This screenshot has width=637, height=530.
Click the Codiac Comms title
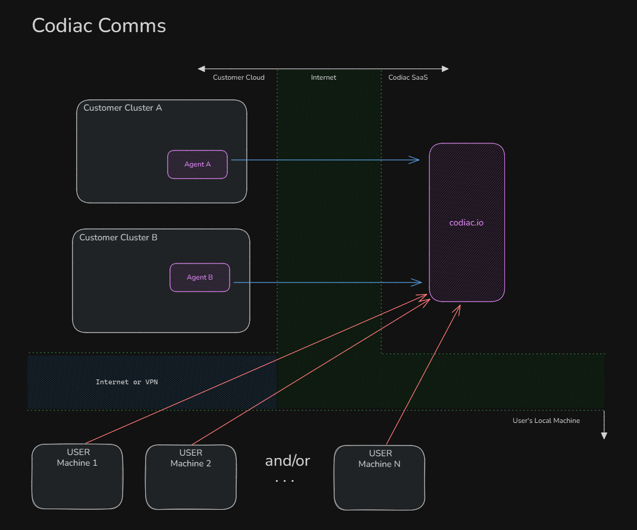pyautogui.click(x=99, y=26)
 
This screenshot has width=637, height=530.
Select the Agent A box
pyautogui.click(x=197, y=164)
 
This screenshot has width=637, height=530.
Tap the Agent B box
pyautogui.click(x=200, y=277)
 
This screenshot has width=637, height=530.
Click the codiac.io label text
pyautogui.click(x=466, y=222)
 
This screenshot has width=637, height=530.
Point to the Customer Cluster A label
pyautogui.click(x=123, y=108)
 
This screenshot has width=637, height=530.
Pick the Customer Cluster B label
pyautogui.click(x=118, y=237)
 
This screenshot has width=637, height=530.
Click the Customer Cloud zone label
pyautogui.click(x=239, y=77)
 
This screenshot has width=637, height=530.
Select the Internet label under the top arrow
pyautogui.click(x=324, y=77)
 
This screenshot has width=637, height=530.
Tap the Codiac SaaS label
pyautogui.click(x=408, y=77)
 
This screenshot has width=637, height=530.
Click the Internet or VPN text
pyautogui.click(x=127, y=382)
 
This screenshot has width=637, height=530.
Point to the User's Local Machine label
pyautogui.click(x=546, y=421)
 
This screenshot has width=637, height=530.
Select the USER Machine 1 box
pyautogui.click(x=77, y=476)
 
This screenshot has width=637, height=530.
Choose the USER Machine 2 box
pyautogui.click(x=191, y=476)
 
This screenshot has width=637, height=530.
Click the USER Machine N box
pyautogui.click(x=379, y=477)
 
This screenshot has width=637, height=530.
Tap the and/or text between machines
pyautogui.click(x=287, y=460)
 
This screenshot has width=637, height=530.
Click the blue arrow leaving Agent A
pyautogui.click(x=324, y=160)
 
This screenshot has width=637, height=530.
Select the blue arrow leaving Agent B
pyautogui.click(x=327, y=283)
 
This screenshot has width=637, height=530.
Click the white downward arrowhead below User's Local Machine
pyautogui.click(x=604, y=435)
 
